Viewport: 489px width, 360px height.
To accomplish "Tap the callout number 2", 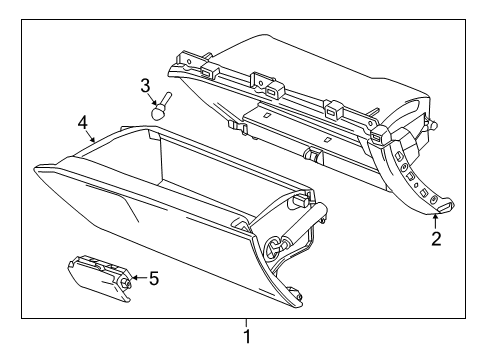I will (x=436, y=237).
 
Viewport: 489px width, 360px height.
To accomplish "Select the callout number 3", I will (x=145, y=85).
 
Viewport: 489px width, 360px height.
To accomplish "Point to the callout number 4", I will (x=84, y=124).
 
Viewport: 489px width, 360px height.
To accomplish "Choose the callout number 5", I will (x=153, y=278).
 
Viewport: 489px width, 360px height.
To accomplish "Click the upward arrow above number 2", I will (x=436, y=217).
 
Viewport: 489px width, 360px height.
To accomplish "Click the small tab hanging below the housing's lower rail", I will (x=313, y=156).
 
